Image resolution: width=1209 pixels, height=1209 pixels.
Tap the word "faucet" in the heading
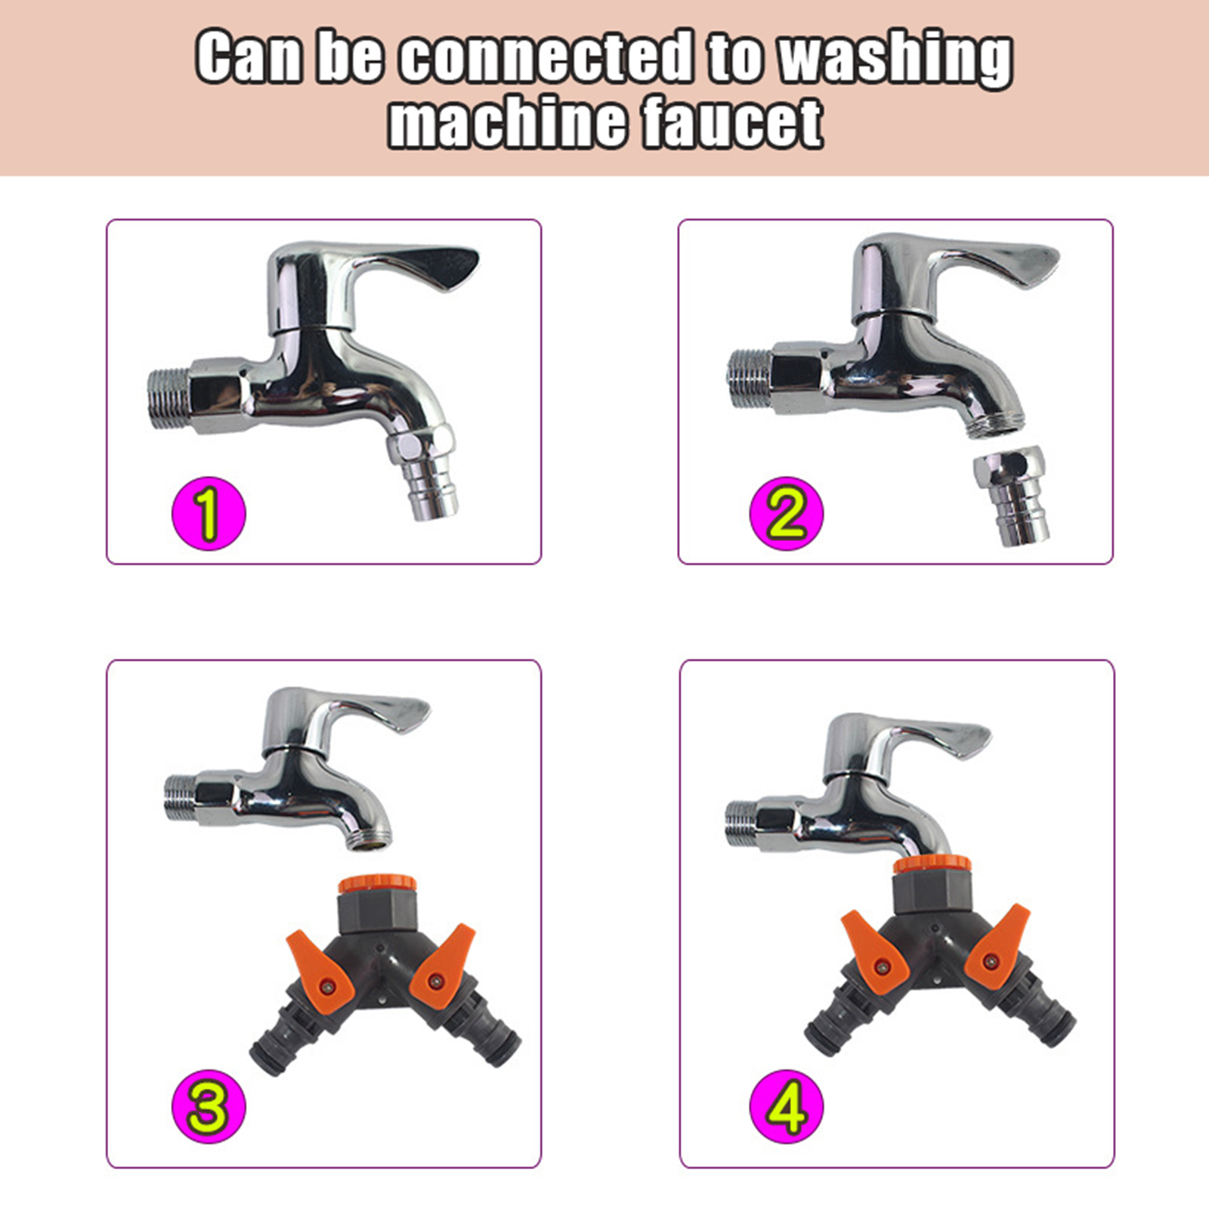pos(732,122)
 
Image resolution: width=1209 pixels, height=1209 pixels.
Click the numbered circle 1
pos(209,513)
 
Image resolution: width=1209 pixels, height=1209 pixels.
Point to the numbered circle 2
pos(786,513)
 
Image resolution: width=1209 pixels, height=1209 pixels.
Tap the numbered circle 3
pos(209,1106)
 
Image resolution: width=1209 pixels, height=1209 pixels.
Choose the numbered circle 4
pos(786,1106)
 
